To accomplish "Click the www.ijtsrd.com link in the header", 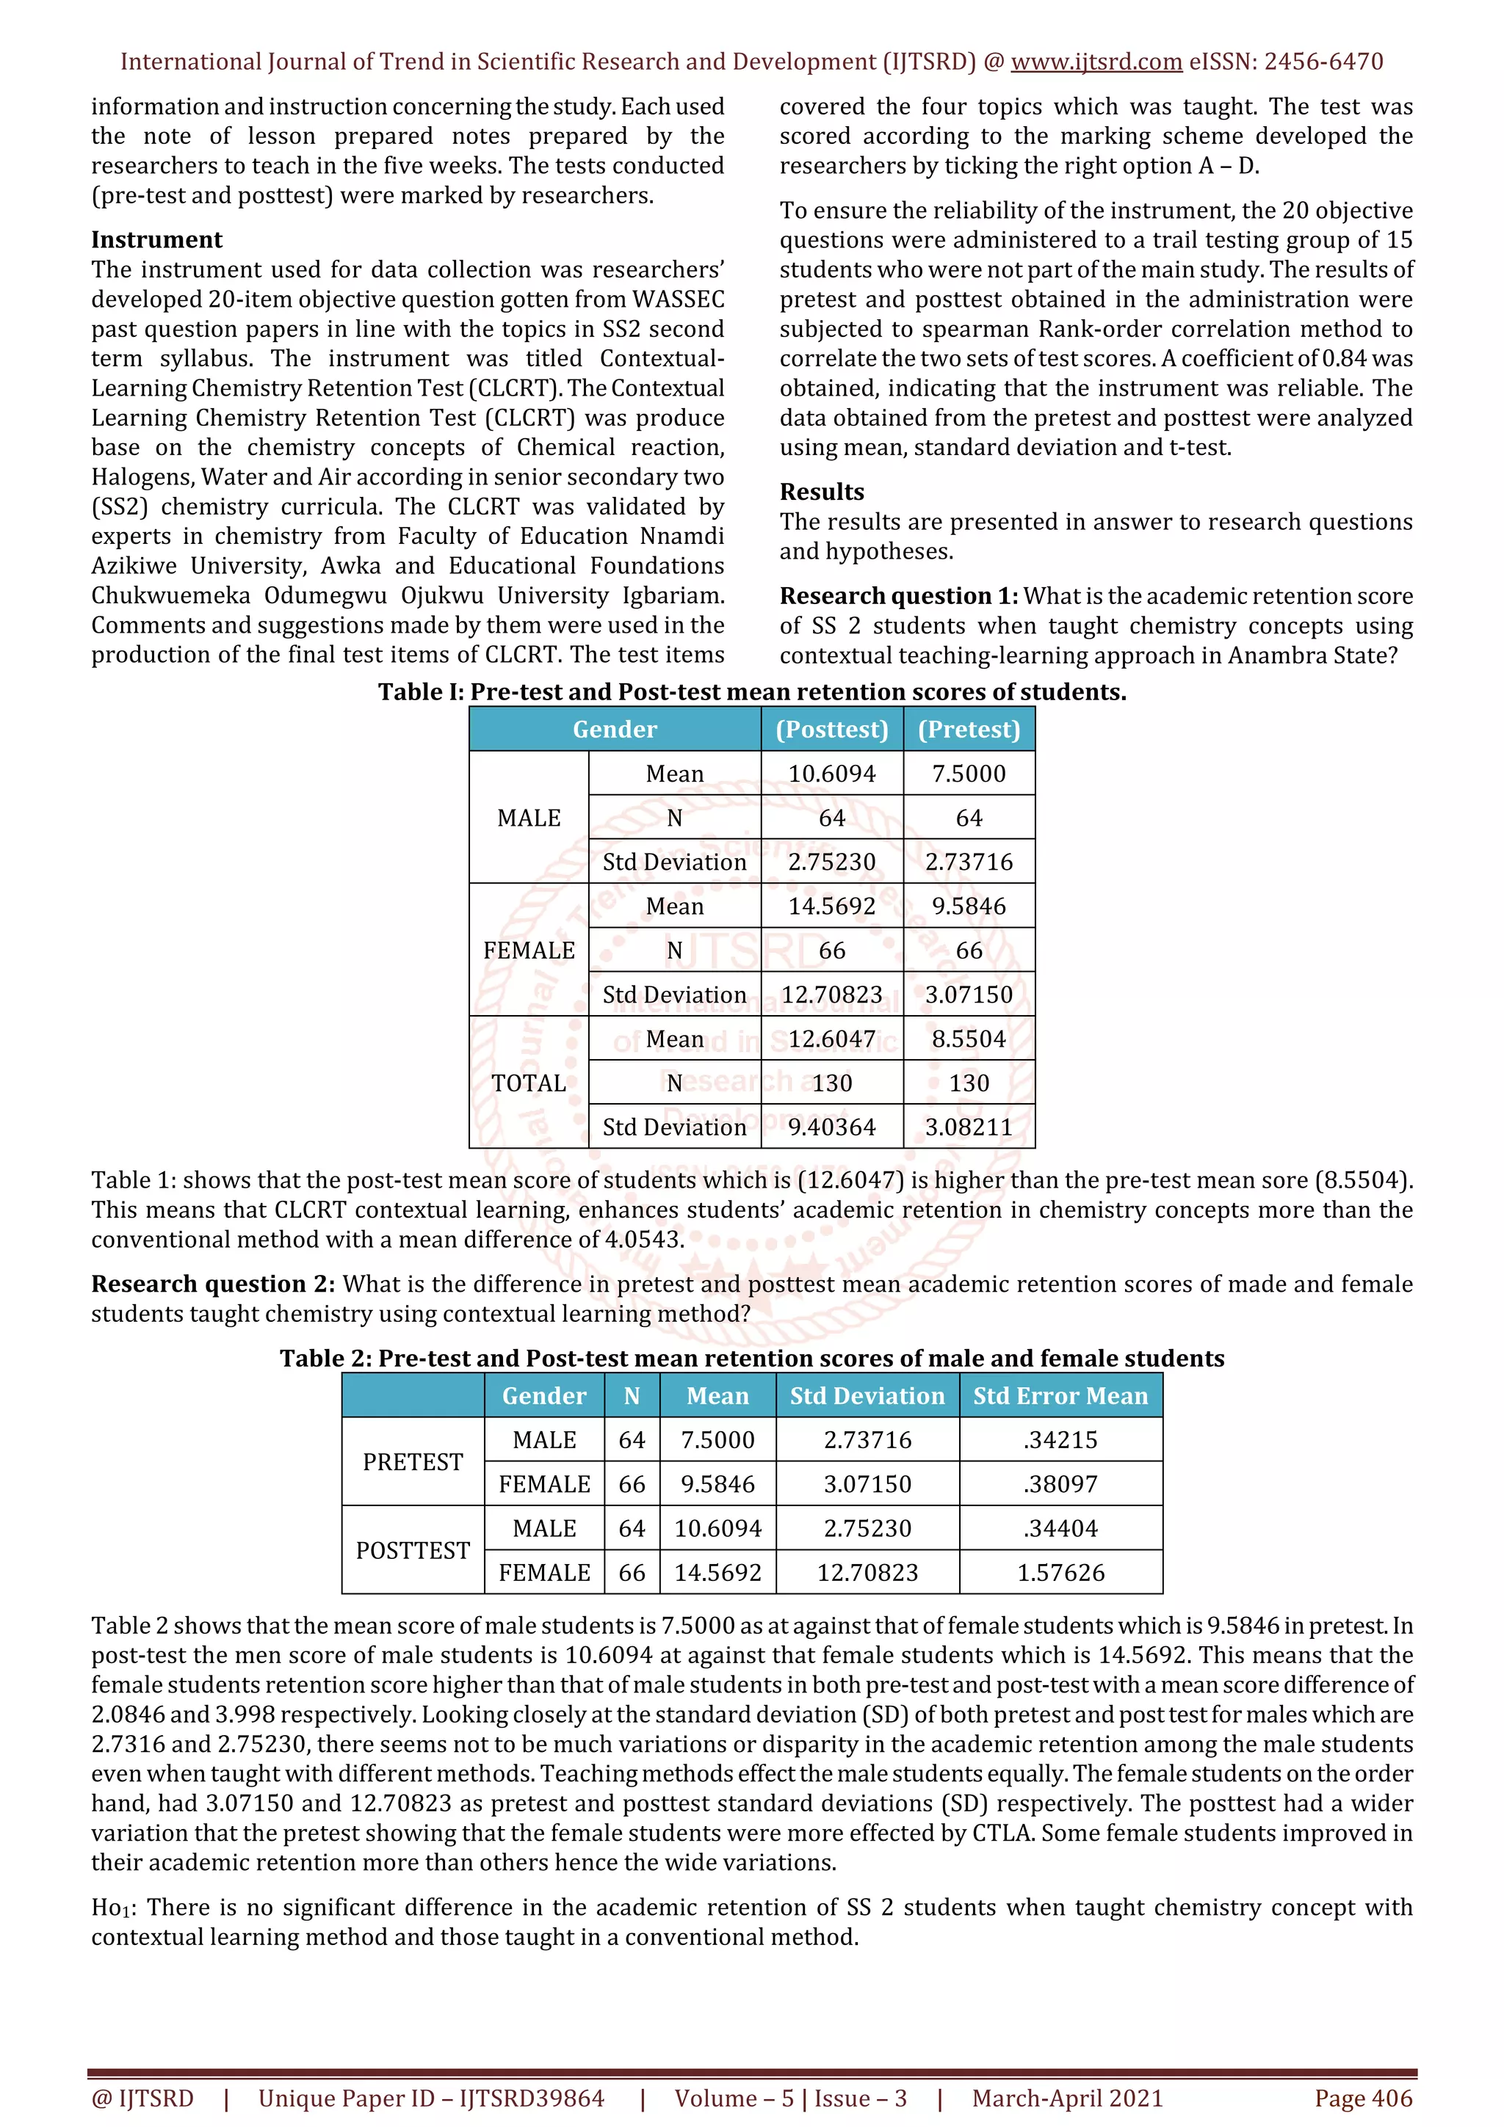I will tap(1096, 62).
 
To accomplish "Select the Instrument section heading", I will tap(156, 240).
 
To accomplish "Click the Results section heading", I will tap(821, 492).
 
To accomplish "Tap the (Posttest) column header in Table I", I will tap(831, 729).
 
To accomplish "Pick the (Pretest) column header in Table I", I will tap(969, 729).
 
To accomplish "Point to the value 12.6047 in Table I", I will tap(831, 1039).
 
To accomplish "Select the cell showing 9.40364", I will tap(831, 1127).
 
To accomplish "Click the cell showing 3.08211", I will tap(969, 1127).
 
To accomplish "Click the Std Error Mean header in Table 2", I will tap(1060, 1396).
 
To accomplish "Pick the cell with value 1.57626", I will tap(1060, 1573).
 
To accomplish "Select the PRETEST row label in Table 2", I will tap(413, 1462).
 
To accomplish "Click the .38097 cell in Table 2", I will tap(1060, 1484).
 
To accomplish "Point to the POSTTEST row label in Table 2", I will tap(413, 1551).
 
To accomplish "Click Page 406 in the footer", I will tap(1362, 2098).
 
